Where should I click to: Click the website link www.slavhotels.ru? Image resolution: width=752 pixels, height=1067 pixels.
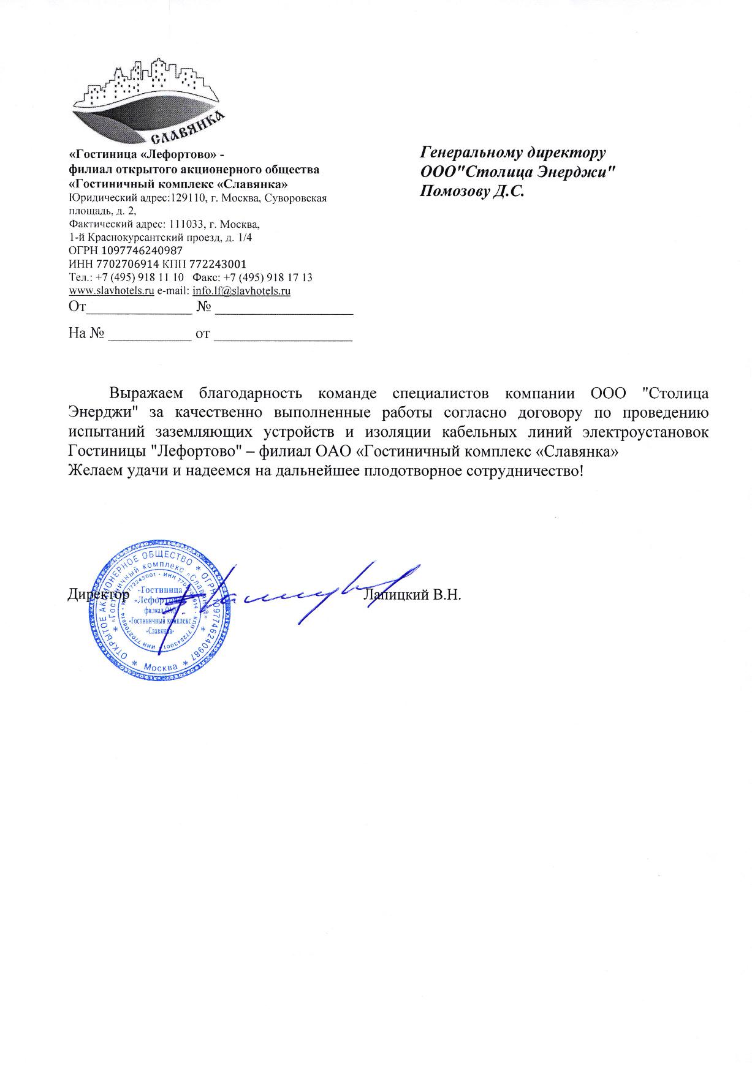pyautogui.click(x=111, y=291)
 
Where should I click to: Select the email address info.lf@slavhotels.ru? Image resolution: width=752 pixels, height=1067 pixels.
pyautogui.click(x=241, y=291)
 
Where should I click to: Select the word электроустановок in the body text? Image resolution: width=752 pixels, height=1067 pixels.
pyautogui.click(x=648, y=432)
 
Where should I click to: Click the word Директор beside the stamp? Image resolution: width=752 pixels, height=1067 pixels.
pyautogui.click(x=98, y=594)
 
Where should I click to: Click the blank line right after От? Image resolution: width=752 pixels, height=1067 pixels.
pyautogui.click(x=139, y=309)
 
